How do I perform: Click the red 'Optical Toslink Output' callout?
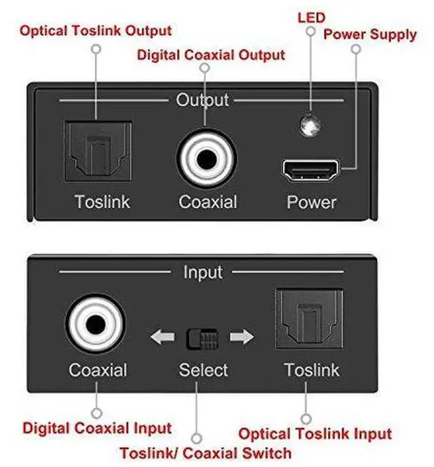[x=95, y=31]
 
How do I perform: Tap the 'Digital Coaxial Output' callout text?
[x=211, y=54]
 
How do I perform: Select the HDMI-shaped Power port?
[x=311, y=170]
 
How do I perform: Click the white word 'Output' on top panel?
[x=202, y=100]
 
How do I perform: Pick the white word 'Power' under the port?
[x=311, y=202]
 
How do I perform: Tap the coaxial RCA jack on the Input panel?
[x=97, y=327]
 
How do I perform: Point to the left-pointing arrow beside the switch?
[x=162, y=337]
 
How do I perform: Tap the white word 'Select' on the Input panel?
[x=203, y=370]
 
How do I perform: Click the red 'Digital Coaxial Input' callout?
[x=97, y=429]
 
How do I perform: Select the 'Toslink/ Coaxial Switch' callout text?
[x=205, y=453]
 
